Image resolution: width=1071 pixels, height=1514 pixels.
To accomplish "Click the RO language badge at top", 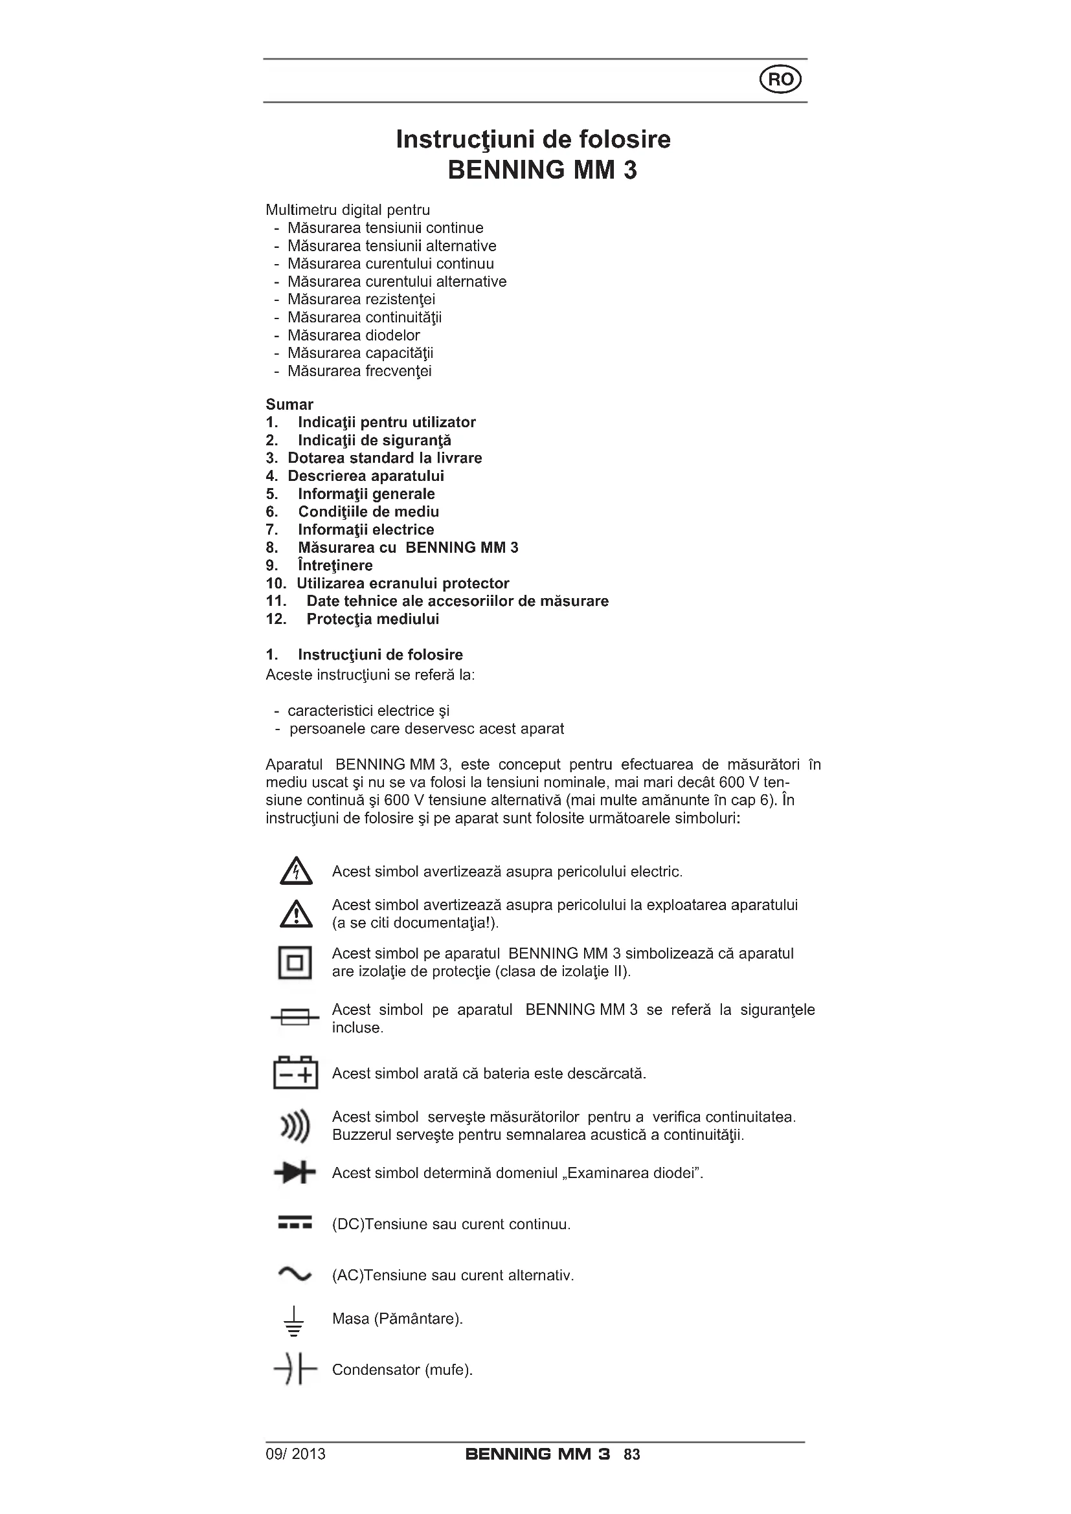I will [x=781, y=80].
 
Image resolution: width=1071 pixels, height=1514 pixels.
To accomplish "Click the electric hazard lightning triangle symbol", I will [x=296, y=871].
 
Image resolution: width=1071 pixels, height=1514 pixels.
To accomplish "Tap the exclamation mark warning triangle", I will [x=296, y=914].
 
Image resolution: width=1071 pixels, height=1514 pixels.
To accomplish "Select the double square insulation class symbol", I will [x=295, y=963].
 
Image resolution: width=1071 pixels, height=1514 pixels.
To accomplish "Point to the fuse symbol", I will [x=295, y=1018].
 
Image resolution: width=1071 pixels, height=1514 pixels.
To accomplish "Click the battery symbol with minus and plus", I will [x=295, y=1073].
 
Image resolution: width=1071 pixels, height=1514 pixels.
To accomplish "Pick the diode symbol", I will [x=295, y=1173].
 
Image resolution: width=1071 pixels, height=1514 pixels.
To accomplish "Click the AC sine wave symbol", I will [x=295, y=1274].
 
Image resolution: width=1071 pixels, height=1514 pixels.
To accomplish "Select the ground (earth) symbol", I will [x=294, y=1322].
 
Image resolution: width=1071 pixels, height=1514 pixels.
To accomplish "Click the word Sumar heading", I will [x=289, y=404].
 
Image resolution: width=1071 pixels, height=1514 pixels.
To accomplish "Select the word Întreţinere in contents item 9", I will [x=335, y=565].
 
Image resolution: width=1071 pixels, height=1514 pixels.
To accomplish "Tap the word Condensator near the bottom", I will [x=376, y=1370].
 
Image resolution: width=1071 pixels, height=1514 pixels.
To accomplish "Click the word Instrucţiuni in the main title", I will [x=465, y=139].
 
